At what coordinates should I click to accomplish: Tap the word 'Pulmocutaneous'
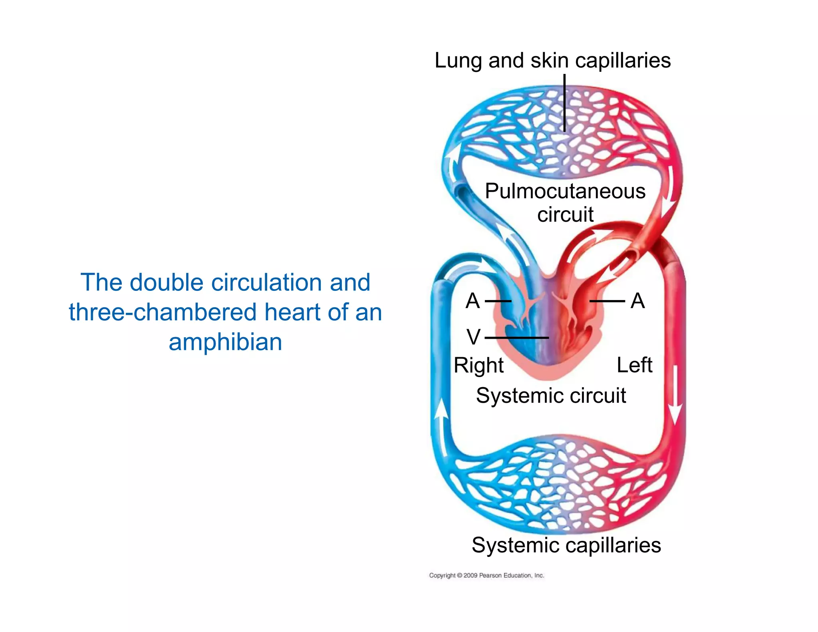(x=565, y=191)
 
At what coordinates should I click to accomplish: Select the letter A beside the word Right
(x=473, y=300)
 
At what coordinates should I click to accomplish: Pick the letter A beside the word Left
(x=637, y=300)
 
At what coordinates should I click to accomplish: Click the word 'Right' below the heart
(x=478, y=365)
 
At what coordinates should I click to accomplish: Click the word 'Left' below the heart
(x=634, y=365)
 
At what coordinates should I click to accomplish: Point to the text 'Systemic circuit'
(x=551, y=395)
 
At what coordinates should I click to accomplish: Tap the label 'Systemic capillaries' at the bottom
(x=566, y=545)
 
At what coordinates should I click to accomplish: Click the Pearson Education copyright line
(x=486, y=575)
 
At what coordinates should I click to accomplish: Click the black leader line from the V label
(x=517, y=338)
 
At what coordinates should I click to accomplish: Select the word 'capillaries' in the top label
(x=623, y=61)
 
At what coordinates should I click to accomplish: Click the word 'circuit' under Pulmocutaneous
(x=565, y=215)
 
